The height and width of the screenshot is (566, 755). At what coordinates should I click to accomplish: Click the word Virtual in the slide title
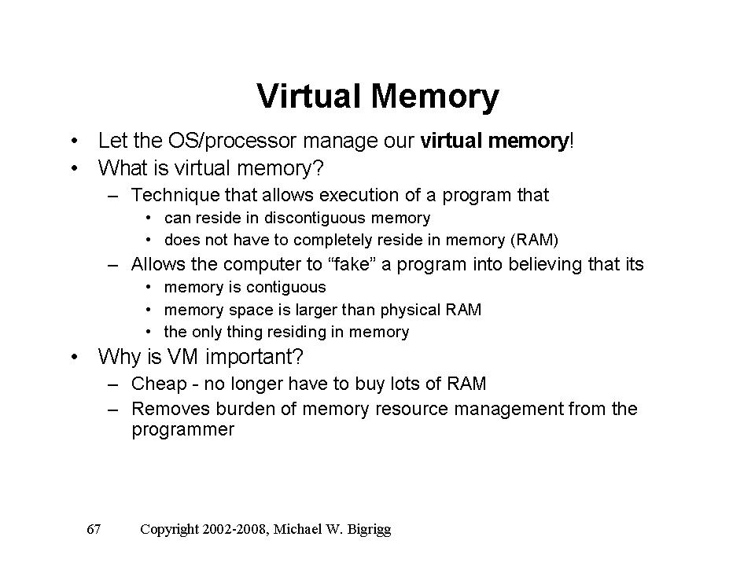point(308,96)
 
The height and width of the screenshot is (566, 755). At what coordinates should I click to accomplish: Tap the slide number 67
point(94,529)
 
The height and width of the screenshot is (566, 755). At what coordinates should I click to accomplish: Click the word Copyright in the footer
point(169,530)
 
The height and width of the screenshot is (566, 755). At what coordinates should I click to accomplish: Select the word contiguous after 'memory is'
point(285,288)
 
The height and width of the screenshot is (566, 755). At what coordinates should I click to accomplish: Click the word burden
point(245,409)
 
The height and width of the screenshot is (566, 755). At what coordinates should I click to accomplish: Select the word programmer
point(183,430)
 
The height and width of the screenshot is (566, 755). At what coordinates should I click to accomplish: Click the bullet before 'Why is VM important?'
point(74,357)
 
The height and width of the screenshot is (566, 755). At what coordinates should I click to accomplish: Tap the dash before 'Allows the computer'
point(112,265)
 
